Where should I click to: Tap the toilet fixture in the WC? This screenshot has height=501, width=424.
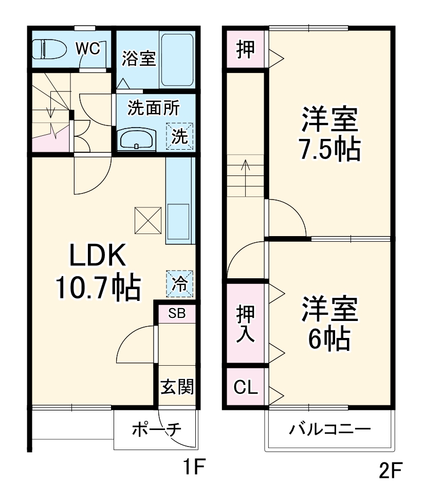[x=47, y=49]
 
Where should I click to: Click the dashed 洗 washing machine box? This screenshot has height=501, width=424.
[x=179, y=136]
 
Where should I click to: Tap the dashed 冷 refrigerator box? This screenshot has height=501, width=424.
[x=179, y=283]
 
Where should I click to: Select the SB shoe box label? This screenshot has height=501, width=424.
[x=176, y=313]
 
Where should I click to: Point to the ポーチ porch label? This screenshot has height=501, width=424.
[x=154, y=430]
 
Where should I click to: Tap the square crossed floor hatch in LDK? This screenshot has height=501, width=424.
[x=148, y=220]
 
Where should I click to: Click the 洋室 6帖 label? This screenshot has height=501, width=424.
[x=329, y=323]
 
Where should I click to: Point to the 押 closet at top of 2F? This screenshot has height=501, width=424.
[x=245, y=49]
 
